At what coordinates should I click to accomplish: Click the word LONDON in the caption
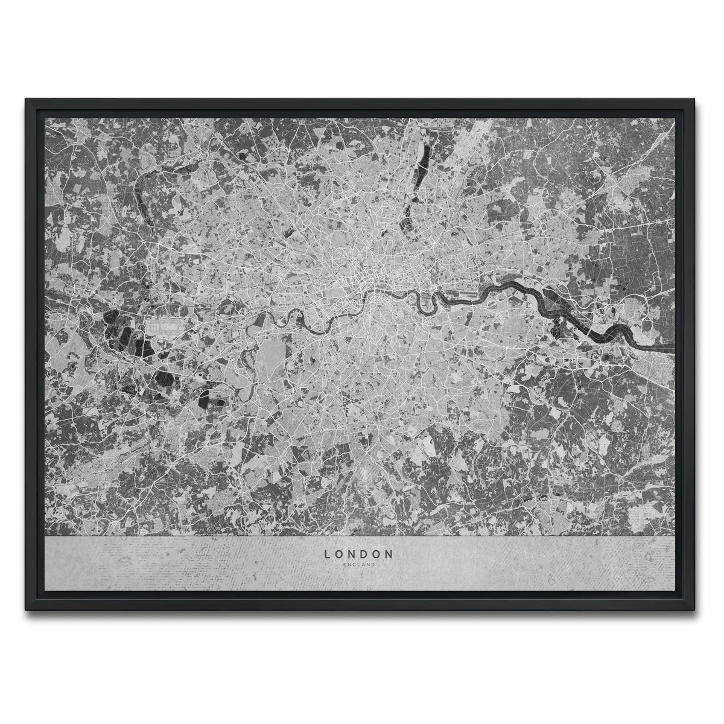point(359,553)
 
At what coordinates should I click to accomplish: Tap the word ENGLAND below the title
point(359,565)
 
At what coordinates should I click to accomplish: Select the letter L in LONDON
point(327,553)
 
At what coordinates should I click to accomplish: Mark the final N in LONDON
point(391,553)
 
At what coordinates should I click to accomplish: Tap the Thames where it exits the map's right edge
point(670,349)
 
